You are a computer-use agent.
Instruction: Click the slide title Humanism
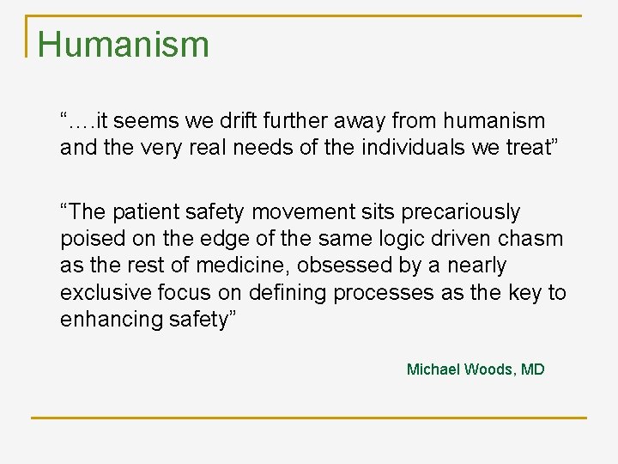click(124, 45)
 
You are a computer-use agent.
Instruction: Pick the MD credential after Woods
click(533, 369)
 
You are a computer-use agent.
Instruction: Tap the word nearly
click(476, 266)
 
